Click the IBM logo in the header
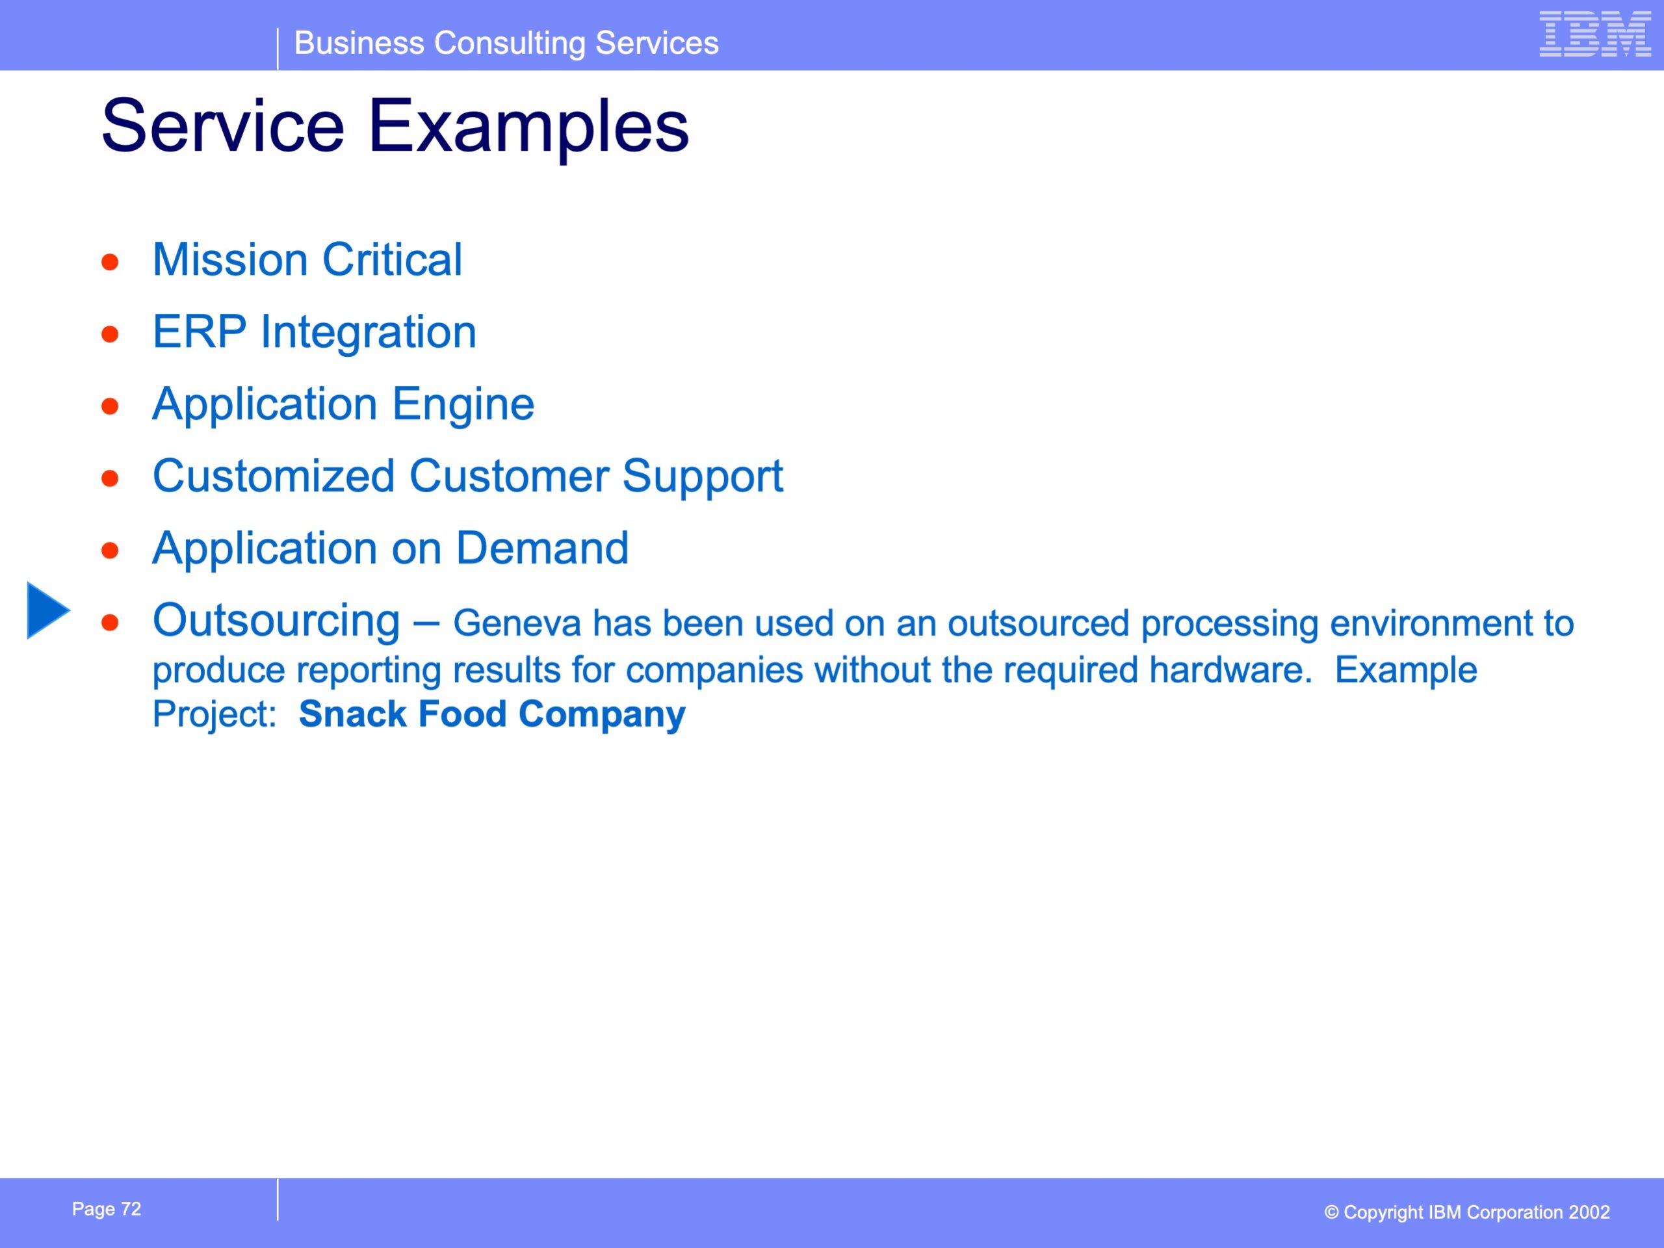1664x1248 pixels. (1595, 34)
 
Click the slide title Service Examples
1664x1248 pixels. (395, 126)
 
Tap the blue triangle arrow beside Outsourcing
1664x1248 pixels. (49, 610)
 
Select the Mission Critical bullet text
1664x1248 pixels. (307, 259)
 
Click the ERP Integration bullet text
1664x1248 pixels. (315, 331)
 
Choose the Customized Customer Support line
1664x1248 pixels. (468, 476)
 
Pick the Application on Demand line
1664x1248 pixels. (391, 548)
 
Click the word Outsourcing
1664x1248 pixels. (276, 621)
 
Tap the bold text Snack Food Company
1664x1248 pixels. (492, 713)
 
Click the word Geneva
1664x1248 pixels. (517, 623)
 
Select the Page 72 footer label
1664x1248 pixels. (107, 1209)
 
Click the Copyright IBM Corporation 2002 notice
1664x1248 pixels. (1467, 1212)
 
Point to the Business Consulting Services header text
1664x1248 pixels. (506, 43)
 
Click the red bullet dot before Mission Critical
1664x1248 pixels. (110, 263)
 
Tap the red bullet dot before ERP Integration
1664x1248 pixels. (110, 334)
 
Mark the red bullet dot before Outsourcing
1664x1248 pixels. (110, 623)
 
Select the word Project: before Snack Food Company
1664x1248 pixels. (215, 714)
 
